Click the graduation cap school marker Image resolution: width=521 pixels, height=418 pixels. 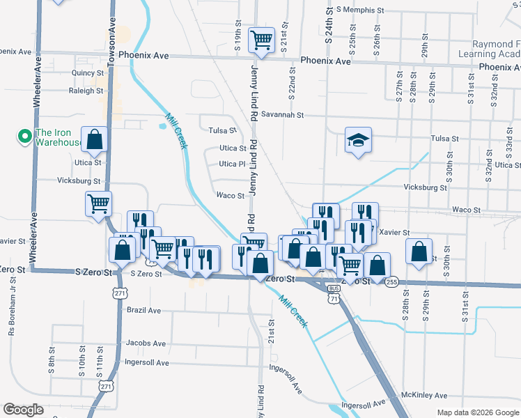(358, 141)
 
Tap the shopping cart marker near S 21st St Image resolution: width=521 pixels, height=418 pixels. (261, 40)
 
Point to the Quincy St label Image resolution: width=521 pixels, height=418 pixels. (87, 72)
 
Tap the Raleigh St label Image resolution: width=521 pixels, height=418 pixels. (86, 91)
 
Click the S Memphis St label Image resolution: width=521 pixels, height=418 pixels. (359, 10)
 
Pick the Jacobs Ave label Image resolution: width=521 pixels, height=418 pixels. (145, 343)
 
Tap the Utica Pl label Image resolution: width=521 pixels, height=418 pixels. (232, 164)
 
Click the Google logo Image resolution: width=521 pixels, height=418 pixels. (23, 410)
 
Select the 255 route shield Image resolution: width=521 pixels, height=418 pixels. (391, 281)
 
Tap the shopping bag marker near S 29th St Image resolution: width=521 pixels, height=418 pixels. (418, 251)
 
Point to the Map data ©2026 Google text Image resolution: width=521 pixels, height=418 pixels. (477, 412)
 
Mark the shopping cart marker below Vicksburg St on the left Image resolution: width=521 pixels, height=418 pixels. (99, 204)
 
